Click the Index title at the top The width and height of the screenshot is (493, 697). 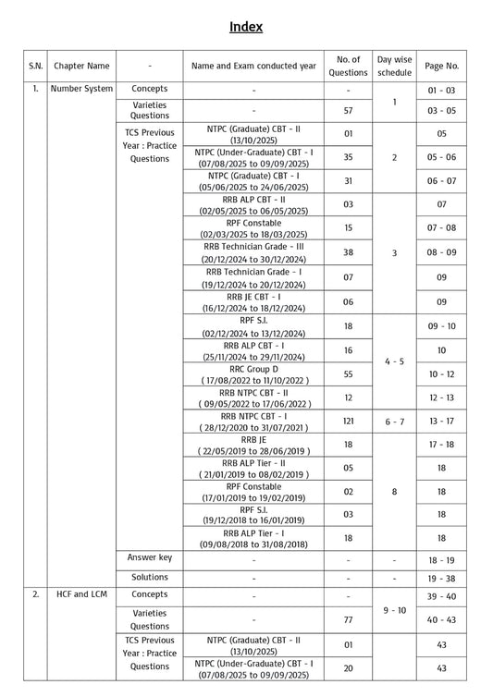click(246, 27)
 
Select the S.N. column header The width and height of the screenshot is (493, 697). click(36, 66)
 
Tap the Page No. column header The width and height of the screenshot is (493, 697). click(441, 66)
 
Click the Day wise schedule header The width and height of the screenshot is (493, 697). click(395, 66)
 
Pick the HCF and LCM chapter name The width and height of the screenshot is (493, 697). click(81, 594)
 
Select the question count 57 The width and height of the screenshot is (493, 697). click(348, 111)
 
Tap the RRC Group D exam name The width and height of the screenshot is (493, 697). click(254, 373)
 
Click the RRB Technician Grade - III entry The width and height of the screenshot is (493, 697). click(254, 252)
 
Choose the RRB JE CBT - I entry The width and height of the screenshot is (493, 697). click(254, 301)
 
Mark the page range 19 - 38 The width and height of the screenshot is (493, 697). click(441, 578)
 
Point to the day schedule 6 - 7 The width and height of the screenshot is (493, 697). click(395, 422)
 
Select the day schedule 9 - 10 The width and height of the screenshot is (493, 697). click(395, 610)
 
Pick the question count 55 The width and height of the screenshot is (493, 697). click(348, 373)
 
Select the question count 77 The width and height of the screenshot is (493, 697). click(348, 619)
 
